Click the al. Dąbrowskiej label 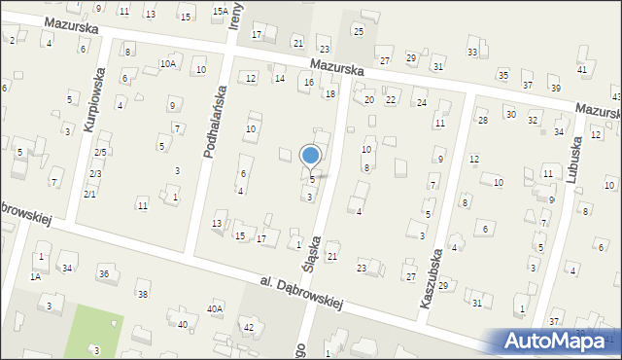[302, 294]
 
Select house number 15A [222, 12]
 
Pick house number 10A [168, 63]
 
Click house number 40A [214, 308]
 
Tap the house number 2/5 [100, 153]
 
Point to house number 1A [34, 276]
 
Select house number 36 [104, 274]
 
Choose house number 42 [248, 327]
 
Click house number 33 [472, 52]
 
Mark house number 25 [358, 32]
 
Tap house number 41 [581, 69]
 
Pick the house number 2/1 [89, 194]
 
